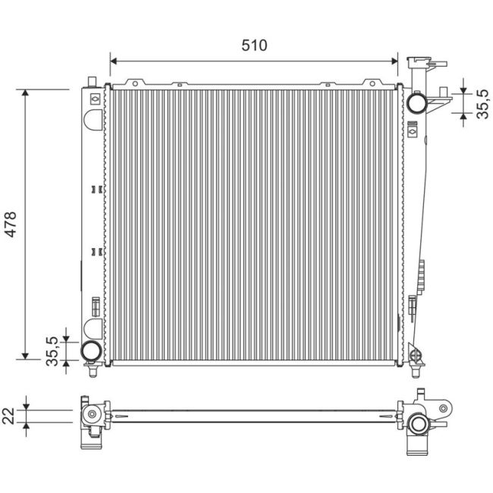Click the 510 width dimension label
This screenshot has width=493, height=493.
click(255, 46)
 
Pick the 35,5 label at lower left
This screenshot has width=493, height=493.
click(52, 351)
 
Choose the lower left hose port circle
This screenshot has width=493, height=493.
click(91, 350)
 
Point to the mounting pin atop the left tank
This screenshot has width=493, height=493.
click(91, 80)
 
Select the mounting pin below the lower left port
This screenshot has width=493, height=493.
click(91, 372)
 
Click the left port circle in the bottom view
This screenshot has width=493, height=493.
click(91, 414)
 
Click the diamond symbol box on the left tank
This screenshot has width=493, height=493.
click(93, 98)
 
